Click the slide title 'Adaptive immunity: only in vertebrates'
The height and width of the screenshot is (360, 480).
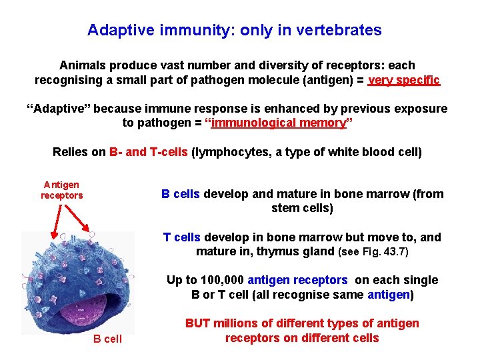pos(235,31)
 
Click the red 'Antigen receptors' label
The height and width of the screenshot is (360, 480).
pos(61,190)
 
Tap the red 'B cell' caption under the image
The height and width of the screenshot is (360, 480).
pos(107,339)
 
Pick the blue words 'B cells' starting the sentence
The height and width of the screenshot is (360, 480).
pos(181,194)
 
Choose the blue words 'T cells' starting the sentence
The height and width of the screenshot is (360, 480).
pos(181,237)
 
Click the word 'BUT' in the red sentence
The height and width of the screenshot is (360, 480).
pos(197,323)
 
